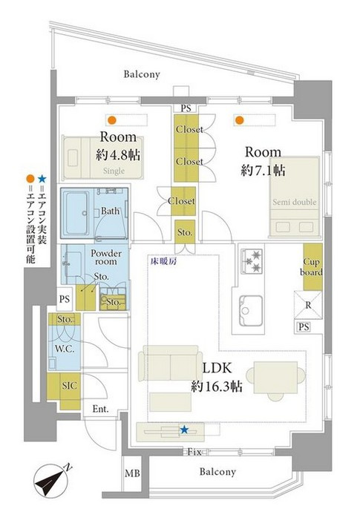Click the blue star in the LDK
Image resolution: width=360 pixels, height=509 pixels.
click(x=184, y=430)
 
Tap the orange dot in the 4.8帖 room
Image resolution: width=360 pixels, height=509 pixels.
click(x=112, y=120)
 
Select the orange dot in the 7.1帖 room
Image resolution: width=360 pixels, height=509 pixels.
click(x=240, y=120)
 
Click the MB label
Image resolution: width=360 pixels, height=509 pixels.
click(x=132, y=473)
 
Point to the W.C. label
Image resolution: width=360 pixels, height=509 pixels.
click(x=65, y=349)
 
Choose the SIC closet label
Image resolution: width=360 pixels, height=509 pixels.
click(x=70, y=386)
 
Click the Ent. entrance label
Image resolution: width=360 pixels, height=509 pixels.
click(x=100, y=409)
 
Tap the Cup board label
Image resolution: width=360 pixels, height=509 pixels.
click(x=312, y=267)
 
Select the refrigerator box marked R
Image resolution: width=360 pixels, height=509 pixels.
click(x=308, y=305)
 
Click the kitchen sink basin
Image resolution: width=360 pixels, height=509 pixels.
click(x=251, y=311)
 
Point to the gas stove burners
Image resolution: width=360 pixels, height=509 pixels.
click(x=251, y=261)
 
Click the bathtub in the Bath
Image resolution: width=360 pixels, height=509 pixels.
click(x=76, y=213)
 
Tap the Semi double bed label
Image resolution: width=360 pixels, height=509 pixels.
click(x=295, y=202)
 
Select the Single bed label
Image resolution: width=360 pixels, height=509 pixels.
click(x=114, y=171)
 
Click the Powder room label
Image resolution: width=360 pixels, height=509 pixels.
click(x=106, y=257)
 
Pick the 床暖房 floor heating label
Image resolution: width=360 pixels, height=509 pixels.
click(x=163, y=261)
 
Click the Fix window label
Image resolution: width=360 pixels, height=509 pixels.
click(x=194, y=452)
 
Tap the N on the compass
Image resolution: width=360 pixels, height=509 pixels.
click(x=68, y=467)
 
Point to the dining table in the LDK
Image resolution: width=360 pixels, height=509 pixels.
click(x=275, y=378)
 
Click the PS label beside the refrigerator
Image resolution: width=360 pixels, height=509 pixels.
click(x=304, y=327)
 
